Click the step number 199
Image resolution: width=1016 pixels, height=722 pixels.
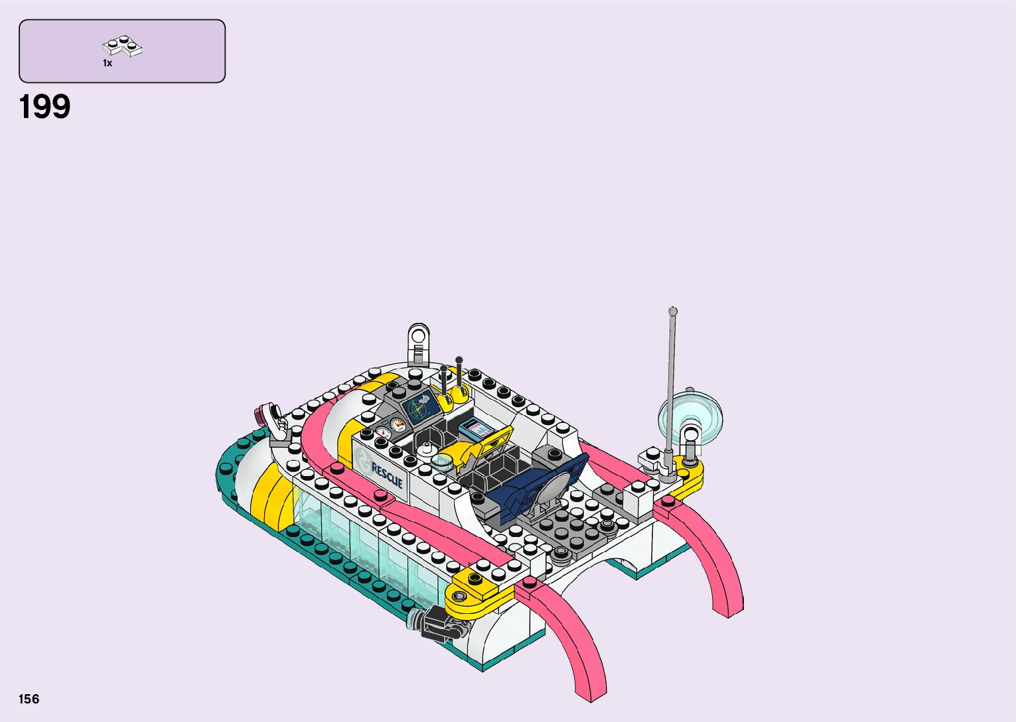(x=44, y=107)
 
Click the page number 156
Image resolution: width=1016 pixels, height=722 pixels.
(x=29, y=699)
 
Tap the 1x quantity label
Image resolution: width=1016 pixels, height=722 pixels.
(x=108, y=63)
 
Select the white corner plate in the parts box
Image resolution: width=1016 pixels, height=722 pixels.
(x=122, y=46)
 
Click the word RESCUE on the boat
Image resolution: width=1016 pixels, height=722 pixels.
(x=387, y=475)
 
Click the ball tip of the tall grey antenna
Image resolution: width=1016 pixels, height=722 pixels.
(x=673, y=311)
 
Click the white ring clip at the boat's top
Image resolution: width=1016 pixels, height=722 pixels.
(x=418, y=337)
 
